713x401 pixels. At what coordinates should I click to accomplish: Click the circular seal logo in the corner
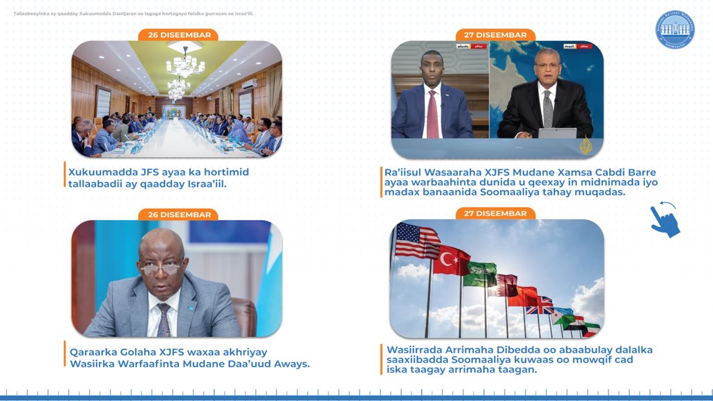click(x=674, y=30)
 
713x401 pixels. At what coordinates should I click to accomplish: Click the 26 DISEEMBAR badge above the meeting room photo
click(x=179, y=35)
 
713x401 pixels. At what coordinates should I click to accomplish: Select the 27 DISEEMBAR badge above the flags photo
click(x=495, y=213)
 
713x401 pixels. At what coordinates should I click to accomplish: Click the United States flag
click(x=417, y=240)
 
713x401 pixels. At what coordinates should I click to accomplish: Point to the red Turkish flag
click(x=452, y=259)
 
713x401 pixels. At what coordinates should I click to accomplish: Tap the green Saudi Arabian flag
click(x=480, y=274)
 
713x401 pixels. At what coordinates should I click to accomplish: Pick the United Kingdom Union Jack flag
click(x=540, y=304)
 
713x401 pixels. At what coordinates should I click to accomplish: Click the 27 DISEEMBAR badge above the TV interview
click(x=495, y=35)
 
